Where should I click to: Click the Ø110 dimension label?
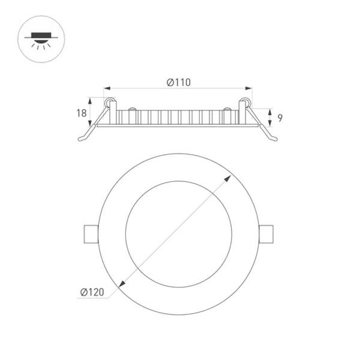(179, 82)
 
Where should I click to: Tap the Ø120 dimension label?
(92, 292)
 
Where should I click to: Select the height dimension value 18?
(81, 113)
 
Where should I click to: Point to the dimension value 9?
(280, 118)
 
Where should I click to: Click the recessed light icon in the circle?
(41, 41)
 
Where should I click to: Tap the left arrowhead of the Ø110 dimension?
(107, 88)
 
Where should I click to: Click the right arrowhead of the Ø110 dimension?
(248, 88)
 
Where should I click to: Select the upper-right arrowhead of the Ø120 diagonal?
(228, 178)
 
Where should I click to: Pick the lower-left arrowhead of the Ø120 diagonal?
(122, 284)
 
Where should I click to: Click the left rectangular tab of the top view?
(91, 234)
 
